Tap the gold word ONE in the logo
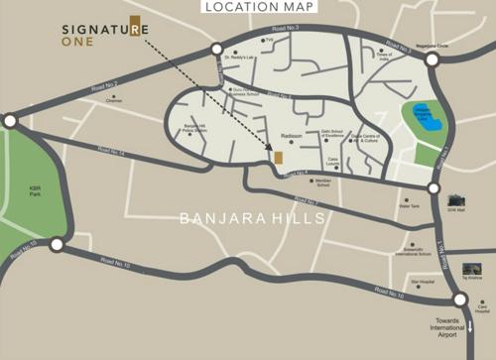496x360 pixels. (78, 45)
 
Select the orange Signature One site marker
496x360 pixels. (278, 158)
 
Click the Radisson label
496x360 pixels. (291, 135)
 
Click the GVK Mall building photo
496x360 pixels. (456, 202)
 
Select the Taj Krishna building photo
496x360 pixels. (471, 269)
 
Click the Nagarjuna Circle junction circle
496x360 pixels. (433, 60)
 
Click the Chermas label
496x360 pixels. (114, 100)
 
